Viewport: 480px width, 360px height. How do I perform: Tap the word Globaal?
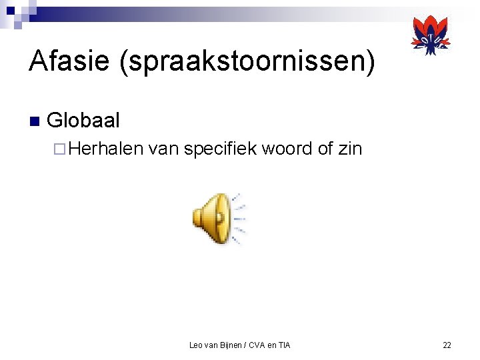(x=83, y=121)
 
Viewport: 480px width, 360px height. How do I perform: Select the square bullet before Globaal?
(x=35, y=121)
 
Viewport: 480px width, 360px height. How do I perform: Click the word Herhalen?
(x=105, y=148)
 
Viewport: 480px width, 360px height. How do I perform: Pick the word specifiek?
(x=220, y=148)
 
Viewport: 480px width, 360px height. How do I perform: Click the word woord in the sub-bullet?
(x=287, y=148)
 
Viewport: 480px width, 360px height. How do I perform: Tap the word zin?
(x=350, y=148)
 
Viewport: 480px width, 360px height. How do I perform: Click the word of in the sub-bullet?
(x=325, y=148)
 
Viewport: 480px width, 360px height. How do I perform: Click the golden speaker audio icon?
(x=211, y=217)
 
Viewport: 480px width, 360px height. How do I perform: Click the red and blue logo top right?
(x=431, y=35)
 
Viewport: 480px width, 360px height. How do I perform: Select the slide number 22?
(x=447, y=345)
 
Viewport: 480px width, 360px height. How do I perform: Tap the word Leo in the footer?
(x=196, y=345)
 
